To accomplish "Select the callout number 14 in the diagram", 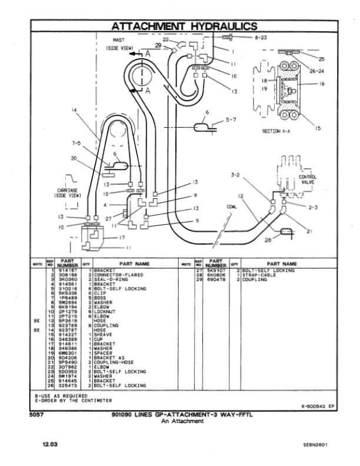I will pos(75,110).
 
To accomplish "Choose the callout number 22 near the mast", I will pos(166,39).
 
